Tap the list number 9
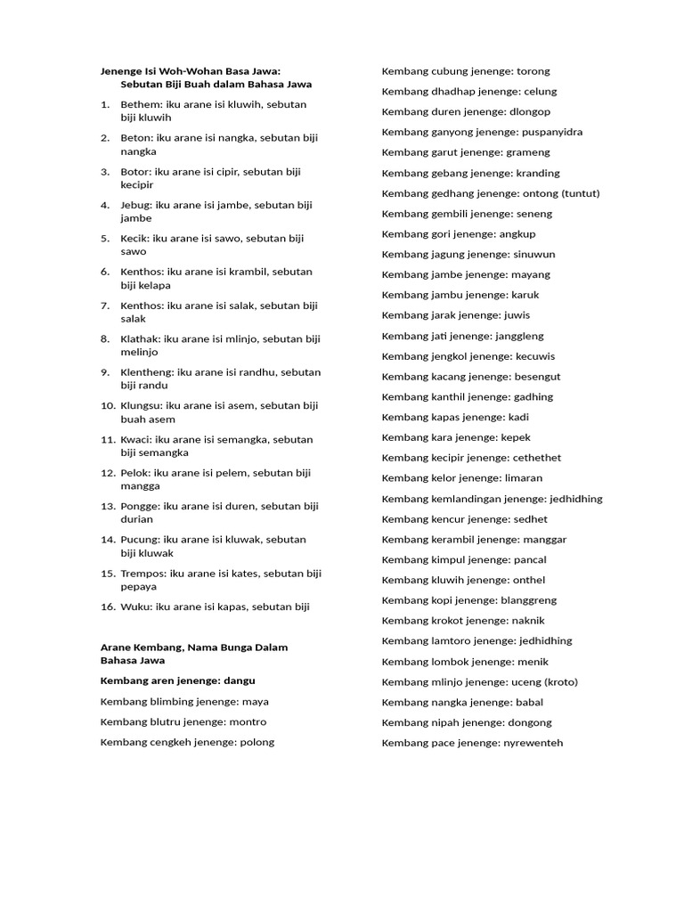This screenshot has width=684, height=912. pyautogui.click(x=105, y=372)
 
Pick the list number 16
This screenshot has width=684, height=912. pyautogui.click(x=108, y=607)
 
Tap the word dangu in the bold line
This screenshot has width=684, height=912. pyautogui.click(x=239, y=680)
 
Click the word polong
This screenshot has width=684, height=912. pyautogui.click(x=256, y=742)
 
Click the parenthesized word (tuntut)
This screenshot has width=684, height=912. pyautogui.click(x=581, y=193)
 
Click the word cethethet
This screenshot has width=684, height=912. pyautogui.click(x=537, y=458)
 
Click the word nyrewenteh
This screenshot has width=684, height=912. pyautogui.click(x=533, y=743)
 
